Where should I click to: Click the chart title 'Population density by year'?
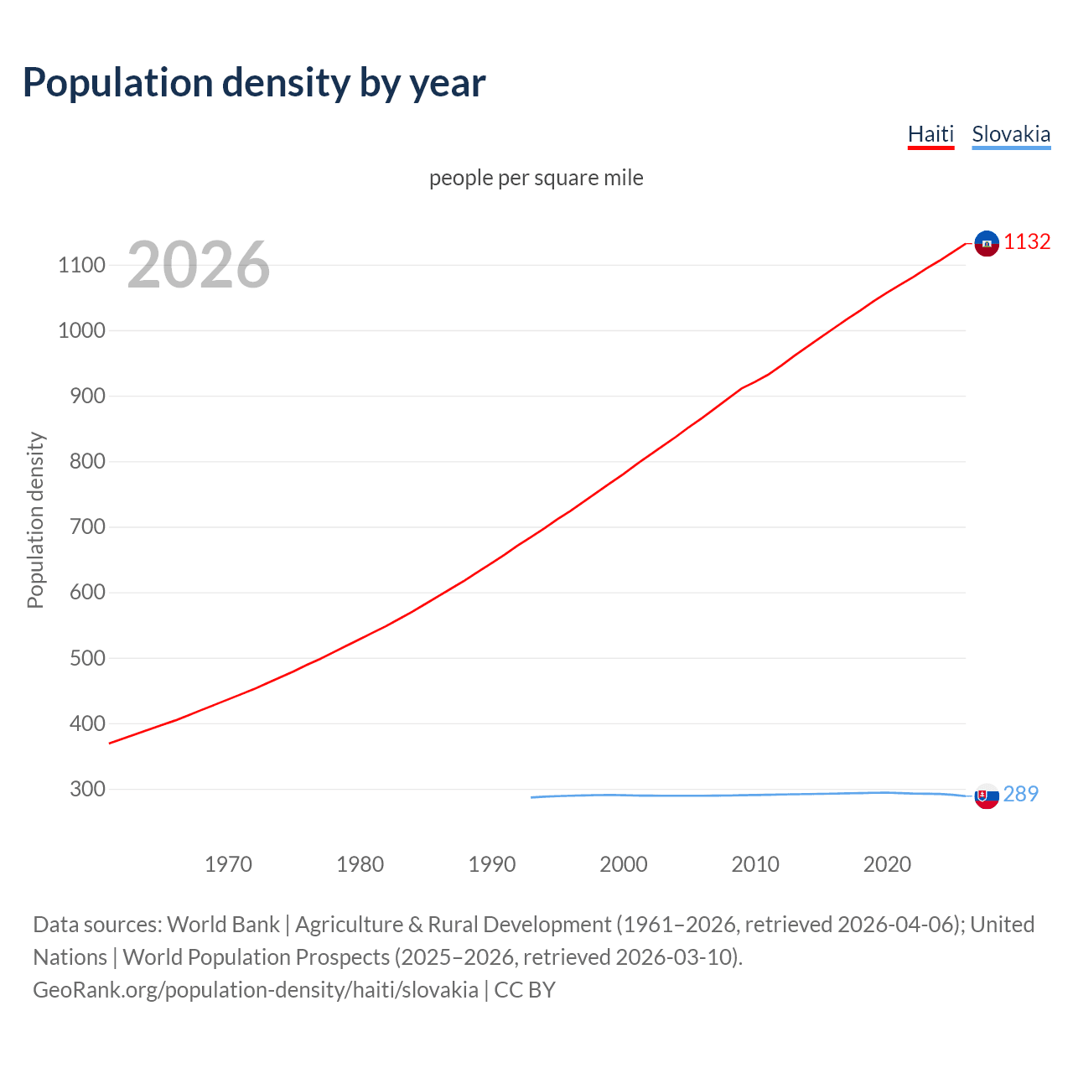[x=254, y=82]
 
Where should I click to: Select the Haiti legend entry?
[x=930, y=134]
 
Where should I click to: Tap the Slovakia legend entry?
[x=1010, y=134]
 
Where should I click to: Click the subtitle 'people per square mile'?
[x=536, y=178]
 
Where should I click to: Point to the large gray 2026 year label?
[x=199, y=265]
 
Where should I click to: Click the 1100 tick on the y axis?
[x=81, y=266]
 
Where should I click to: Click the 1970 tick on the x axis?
[x=228, y=864]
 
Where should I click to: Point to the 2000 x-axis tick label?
[x=623, y=864]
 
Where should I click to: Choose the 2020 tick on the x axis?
[x=887, y=864]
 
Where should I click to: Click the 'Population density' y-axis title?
[x=35, y=520]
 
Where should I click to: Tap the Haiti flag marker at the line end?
[x=987, y=243]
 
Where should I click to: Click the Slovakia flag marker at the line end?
[x=987, y=796]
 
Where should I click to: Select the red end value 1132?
[x=1027, y=241]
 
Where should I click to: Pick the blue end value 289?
[x=1020, y=794]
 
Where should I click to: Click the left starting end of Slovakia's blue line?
[x=532, y=797]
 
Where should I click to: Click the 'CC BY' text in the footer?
[x=525, y=990]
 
